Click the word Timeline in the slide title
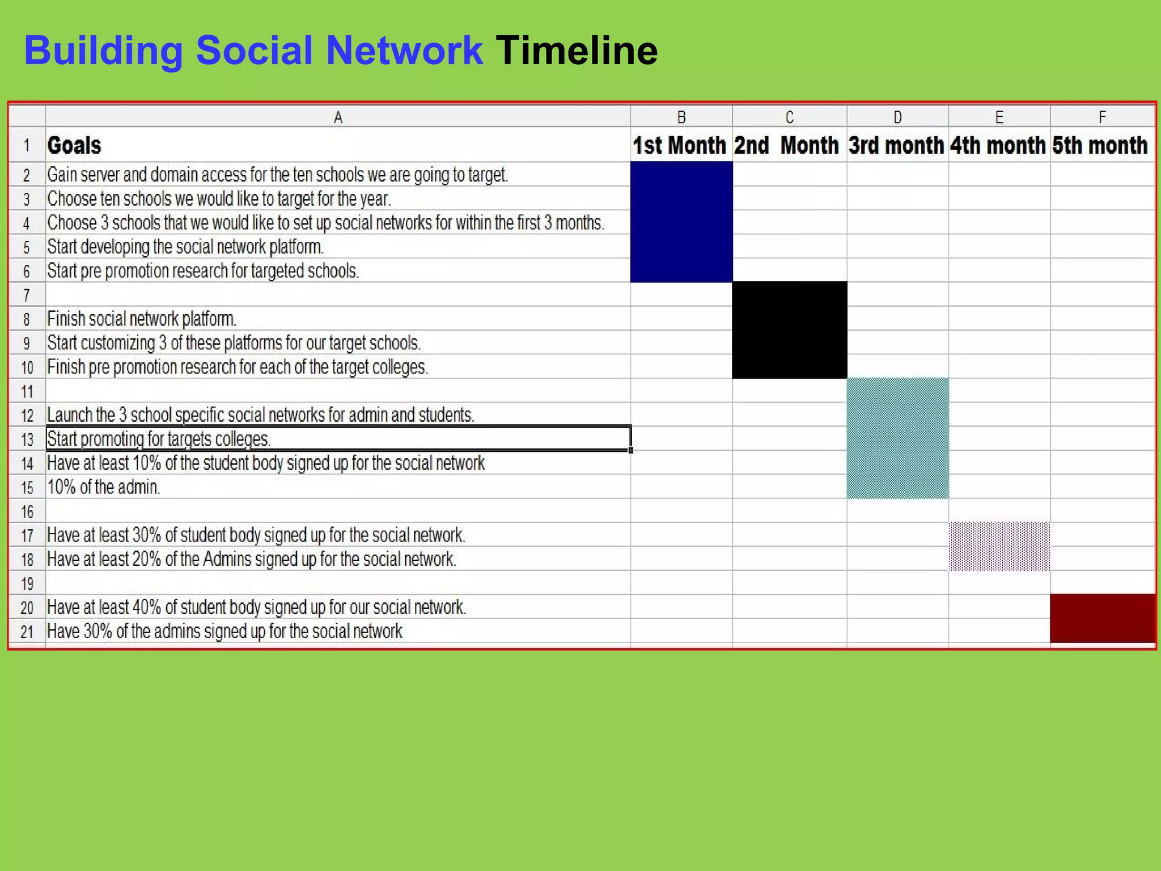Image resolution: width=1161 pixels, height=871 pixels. (577, 50)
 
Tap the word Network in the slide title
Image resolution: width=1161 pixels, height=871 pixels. (404, 50)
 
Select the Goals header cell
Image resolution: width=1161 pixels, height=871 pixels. (74, 145)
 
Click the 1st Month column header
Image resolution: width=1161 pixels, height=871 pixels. (680, 145)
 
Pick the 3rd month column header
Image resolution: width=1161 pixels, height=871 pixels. (896, 145)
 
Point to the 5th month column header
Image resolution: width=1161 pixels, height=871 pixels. (1100, 145)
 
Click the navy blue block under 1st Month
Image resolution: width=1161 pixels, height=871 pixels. (681, 222)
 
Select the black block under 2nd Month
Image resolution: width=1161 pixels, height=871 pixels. (790, 330)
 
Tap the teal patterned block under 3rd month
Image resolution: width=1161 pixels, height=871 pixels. (897, 438)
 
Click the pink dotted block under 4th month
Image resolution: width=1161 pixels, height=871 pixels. (999, 547)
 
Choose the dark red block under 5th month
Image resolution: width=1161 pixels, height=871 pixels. (1102, 619)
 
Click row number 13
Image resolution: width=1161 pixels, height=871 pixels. (27, 439)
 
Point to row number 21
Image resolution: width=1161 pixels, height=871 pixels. (27, 632)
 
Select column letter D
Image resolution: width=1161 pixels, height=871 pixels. (897, 117)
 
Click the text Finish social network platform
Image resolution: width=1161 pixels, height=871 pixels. (142, 319)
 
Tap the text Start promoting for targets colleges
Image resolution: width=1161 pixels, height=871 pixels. (159, 439)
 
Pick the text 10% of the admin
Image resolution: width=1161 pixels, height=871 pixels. (103, 487)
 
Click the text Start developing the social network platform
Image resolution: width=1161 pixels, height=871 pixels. (185, 247)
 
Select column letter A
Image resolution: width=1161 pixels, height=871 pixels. (338, 117)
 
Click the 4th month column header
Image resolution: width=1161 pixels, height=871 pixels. (998, 145)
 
